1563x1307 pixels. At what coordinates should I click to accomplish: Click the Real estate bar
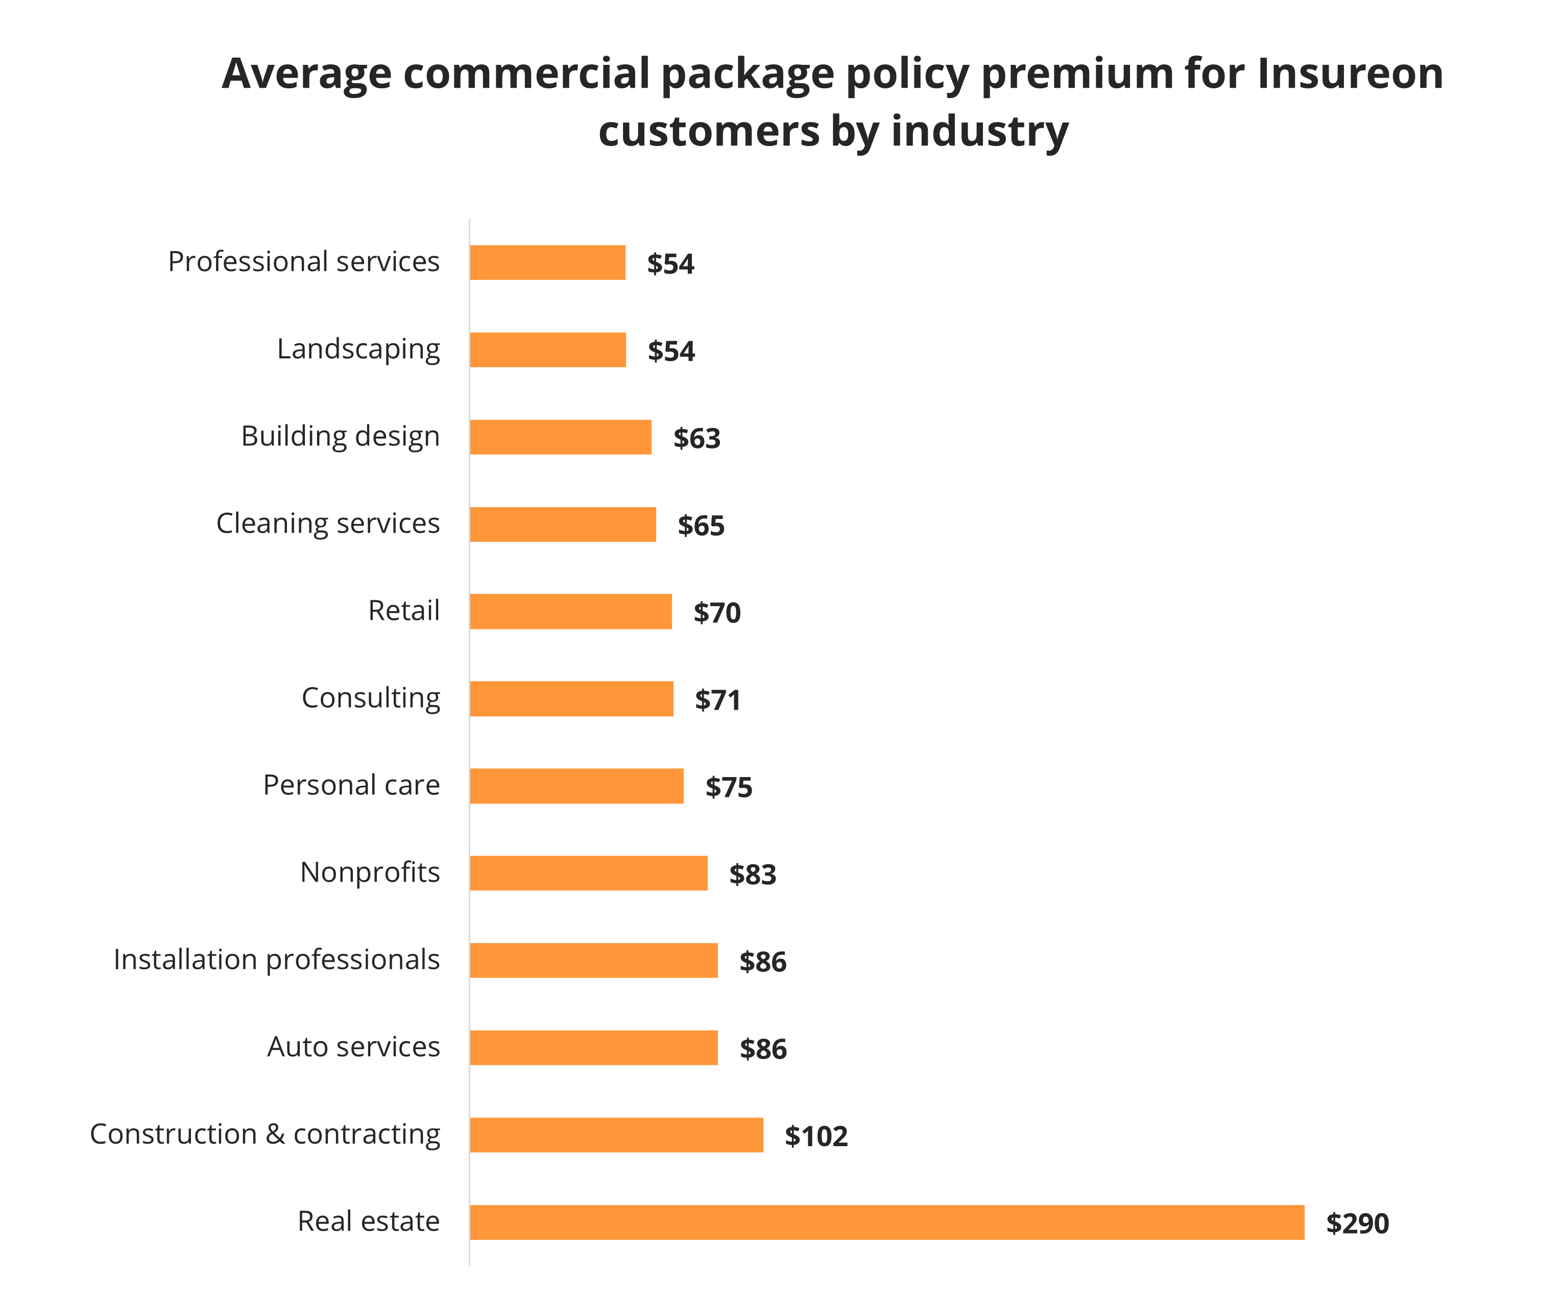click(x=886, y=1222)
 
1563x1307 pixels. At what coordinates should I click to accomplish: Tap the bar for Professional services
click(x=547, y=263)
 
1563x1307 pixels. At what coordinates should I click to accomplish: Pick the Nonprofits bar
click(x=588, y=873)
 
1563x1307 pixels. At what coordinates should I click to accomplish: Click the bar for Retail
click(x=570, y=611)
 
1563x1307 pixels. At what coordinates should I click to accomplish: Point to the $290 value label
click(x=1357, y=1224)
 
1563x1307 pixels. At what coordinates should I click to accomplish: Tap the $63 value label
click(x=696, y=439)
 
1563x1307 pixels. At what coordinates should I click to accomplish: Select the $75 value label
click(x=729, y=787)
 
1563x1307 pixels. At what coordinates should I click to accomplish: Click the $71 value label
click(x=717, y=700)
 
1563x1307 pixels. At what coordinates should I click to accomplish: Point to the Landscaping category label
click(x=358, y=349)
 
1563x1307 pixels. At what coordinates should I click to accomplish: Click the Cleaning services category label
click(x=327, y=523)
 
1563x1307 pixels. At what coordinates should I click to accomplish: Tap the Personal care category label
click(x=351, y=785)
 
